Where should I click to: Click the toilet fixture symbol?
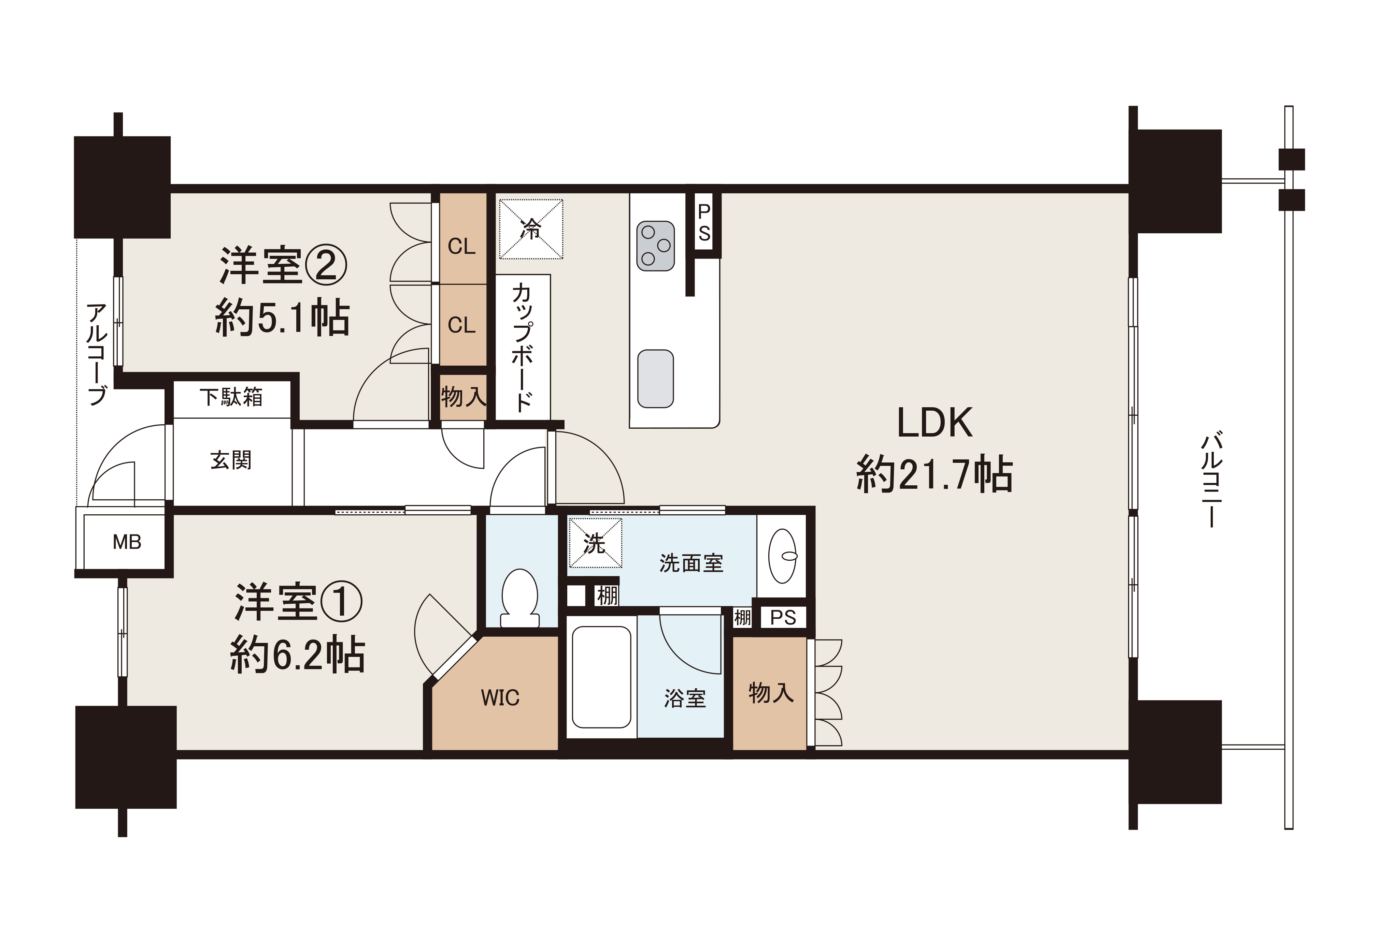(x=519, y=597)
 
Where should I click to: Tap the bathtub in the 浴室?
(x=601, y=677)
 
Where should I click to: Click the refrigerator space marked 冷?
(x=531, y=229)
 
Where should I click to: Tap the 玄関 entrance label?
(x=231, y=460)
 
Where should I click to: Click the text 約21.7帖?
(x=934, y=474)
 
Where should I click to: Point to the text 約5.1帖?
(x=282, y=318)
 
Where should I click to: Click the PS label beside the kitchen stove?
(x=704, y=223)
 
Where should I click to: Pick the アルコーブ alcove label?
(x=97, y=354)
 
